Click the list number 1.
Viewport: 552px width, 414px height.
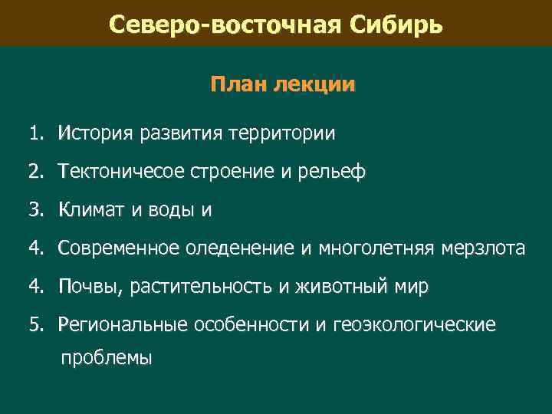click(37, 134)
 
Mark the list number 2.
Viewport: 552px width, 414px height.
click(37, 172)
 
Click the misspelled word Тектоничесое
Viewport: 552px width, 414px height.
click(121, 172)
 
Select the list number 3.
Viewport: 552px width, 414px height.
click(37, 210)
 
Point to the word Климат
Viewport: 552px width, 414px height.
click(96, 210)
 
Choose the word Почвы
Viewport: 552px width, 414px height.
click(90, 287)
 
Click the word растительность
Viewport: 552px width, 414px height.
click(202, 287)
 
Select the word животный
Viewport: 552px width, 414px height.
click(337, 287)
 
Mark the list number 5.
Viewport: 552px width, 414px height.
click(37, 325)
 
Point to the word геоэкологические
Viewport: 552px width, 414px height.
click(415, 325)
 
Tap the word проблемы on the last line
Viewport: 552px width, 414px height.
click(107, 357)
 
